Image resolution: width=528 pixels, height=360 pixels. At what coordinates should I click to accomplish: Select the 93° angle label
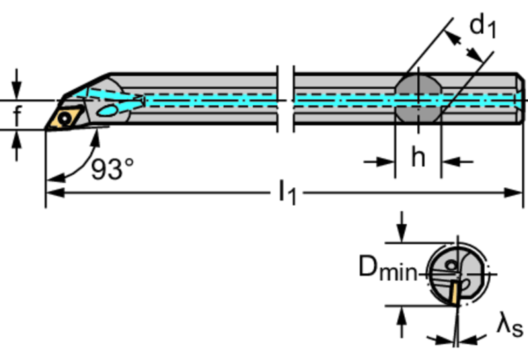(112, 169)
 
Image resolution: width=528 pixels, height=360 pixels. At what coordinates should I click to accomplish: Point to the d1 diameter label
(483, 25)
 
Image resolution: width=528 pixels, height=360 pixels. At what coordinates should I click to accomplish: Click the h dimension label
(418, 158)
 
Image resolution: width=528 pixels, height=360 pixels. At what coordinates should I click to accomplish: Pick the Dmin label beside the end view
(388, 268)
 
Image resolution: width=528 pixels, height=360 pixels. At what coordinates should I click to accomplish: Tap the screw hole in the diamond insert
(65, 118)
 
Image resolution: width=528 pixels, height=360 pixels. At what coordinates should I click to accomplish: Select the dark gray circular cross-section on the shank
(417, 100)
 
